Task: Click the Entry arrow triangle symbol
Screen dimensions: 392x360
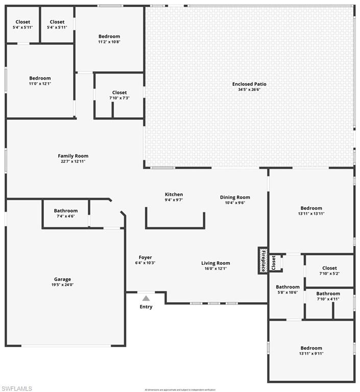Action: (x=146, y=298)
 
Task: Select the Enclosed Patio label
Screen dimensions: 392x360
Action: (x=249, y=84)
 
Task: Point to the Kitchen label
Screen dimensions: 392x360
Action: (x=174, y=194)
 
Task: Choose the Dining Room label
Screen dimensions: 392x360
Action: (x=235, y=197)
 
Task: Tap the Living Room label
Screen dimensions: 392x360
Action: (x=215, y=263)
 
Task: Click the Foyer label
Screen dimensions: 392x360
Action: (x=145, y=257)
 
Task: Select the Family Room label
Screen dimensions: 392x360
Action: (x=73, y=156)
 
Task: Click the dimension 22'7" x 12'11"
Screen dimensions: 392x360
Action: (x=73, y=161)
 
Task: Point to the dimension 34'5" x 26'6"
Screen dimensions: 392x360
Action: (x=249, y=89)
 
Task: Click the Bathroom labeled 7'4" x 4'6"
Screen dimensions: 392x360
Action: (x=66, y=211)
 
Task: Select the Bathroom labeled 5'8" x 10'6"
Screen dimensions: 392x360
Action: (x=287, y=287)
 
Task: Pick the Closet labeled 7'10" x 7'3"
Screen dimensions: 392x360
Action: (x=119, y=92)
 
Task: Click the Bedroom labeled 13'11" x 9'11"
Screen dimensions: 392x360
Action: (x=311, y=348)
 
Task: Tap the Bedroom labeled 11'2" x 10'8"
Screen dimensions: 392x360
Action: (x=109, y=36)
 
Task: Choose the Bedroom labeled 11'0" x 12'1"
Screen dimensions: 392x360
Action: (x=40, y=78)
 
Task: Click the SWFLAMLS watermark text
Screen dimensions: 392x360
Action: (x=17, y=388)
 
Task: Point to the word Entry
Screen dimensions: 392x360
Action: (x=146, y=307)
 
